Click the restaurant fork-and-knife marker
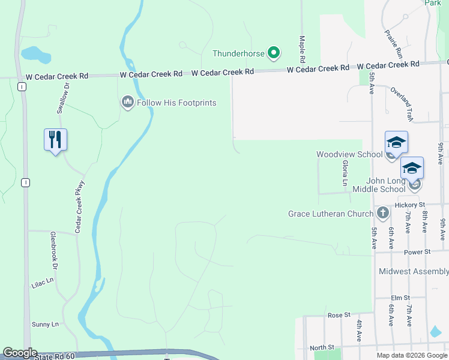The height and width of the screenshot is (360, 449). click(55, 140)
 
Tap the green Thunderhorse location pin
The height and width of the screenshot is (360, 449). click(274, 53)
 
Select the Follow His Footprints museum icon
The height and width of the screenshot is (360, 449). click(127, 103)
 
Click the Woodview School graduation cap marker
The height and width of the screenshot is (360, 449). click(396, 142)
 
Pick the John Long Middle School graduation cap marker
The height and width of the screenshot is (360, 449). click(412, 168)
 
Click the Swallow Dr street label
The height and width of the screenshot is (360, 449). click(64, 98)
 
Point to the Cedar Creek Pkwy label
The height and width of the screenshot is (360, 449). click(80, 207)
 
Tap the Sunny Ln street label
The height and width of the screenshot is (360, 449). click(46, 325)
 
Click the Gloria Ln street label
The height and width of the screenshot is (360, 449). click(345, 173)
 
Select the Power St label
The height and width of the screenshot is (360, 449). click(418, 253)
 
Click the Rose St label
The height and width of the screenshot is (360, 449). click(339, 315)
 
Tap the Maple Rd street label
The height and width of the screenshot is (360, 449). click(303, 49)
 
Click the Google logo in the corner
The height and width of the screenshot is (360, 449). click(20, 353)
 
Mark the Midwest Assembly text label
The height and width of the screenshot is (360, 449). click(414, 272)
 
